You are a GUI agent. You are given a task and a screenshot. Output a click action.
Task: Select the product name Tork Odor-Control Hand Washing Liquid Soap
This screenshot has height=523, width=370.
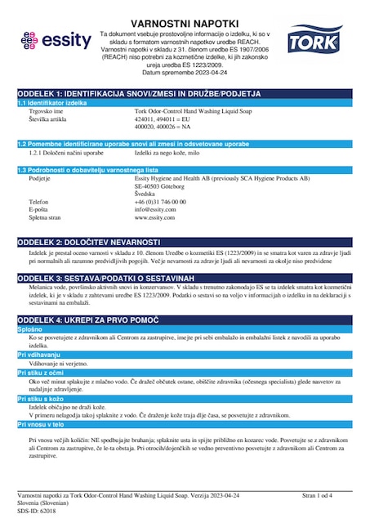(200, 112)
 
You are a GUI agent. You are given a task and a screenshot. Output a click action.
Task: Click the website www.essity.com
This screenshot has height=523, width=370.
(156, 217)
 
